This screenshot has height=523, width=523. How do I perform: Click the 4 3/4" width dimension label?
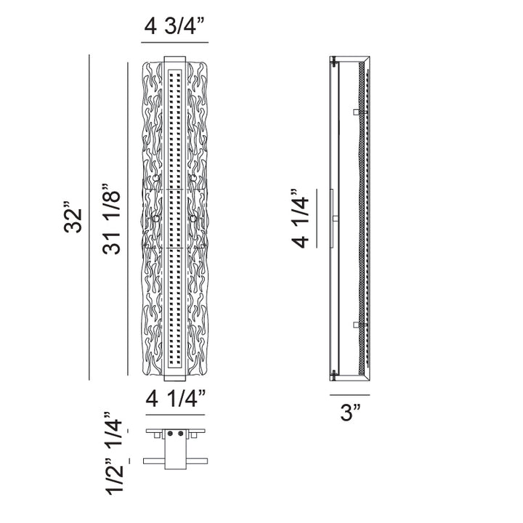click(175, 26)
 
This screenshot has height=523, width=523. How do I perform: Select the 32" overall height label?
click(73, 217)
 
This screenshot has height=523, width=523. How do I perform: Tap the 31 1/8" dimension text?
click(111, 219)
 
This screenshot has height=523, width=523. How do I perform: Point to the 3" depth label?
click(350, 413)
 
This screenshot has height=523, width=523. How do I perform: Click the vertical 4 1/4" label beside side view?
click(301, 219)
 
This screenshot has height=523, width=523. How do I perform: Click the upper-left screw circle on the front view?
click(156, 178)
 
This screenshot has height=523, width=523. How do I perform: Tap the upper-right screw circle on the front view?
click(193, 178)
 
